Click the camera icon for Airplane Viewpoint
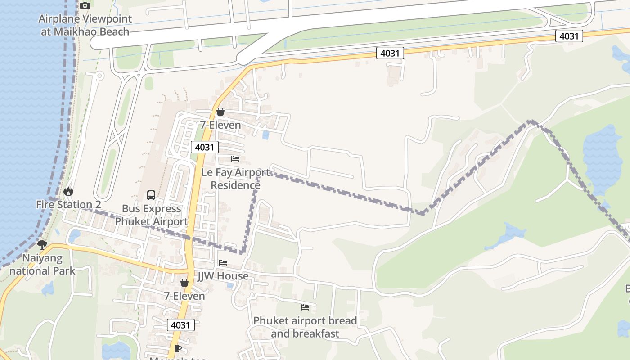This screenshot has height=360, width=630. click(85, 6)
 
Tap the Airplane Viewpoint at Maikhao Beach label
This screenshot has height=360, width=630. click(85, 25)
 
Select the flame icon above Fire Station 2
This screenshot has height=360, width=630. click(68, 192)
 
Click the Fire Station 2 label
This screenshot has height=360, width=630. click(68, 205)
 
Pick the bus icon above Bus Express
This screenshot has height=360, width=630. click(151, 195)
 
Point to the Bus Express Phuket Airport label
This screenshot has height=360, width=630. click(151, 215)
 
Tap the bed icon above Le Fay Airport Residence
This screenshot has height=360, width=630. click(235, 159)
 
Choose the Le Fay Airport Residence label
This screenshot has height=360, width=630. click(235, 179)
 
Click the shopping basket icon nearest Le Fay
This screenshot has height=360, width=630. click(220, 112)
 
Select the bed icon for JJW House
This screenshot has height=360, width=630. click(223, 263)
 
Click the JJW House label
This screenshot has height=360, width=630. click(223, 276)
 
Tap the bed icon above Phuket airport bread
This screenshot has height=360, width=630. click(305, 307)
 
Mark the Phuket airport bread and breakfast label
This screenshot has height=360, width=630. click(305, 327)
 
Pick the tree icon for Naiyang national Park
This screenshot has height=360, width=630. click(42, 245)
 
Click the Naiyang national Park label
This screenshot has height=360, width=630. click(42, 265)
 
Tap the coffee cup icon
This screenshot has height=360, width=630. click(178, 349)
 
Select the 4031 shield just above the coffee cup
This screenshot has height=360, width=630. click(181, 325)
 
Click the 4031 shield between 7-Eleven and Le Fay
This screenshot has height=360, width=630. click(205, 147)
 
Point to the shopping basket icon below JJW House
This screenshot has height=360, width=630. click(184, 283)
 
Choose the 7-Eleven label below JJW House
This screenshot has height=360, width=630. click(184, 296)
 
